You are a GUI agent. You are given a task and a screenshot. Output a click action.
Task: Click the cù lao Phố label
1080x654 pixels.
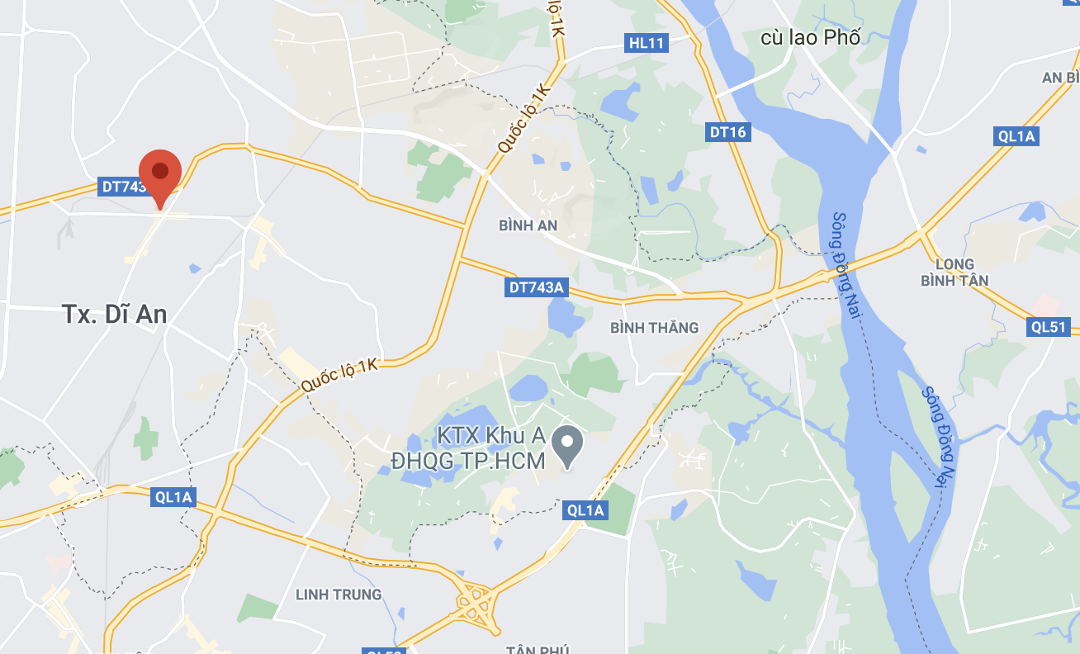(x=810, y=37)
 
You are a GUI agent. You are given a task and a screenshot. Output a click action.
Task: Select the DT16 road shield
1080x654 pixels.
(x=728, y=132)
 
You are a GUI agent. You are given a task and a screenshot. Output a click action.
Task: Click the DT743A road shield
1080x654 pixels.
(x=536, y=287)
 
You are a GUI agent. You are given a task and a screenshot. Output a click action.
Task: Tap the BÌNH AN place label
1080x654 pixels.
(x=528, y=225)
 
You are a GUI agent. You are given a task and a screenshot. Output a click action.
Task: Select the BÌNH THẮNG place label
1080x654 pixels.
(x=654, y=328)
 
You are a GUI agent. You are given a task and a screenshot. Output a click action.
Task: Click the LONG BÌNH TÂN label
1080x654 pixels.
(x=954, y=272)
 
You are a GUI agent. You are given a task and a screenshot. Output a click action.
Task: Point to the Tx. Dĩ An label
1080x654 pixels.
(x=115, y=314)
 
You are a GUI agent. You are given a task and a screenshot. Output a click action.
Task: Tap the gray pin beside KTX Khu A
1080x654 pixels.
(x=567, y=446)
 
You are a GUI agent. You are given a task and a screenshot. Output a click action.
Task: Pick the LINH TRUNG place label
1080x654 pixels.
(x=339, y=595)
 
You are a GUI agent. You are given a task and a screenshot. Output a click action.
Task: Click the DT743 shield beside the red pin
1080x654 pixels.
(x=122, y=187)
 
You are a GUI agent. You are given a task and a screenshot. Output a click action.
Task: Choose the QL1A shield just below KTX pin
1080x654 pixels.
(x=585, y=510)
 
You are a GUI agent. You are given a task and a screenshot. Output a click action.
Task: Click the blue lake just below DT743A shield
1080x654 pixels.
(x=565, y=315)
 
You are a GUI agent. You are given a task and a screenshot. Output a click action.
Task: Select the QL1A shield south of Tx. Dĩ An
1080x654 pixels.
(x=173, y=496)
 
